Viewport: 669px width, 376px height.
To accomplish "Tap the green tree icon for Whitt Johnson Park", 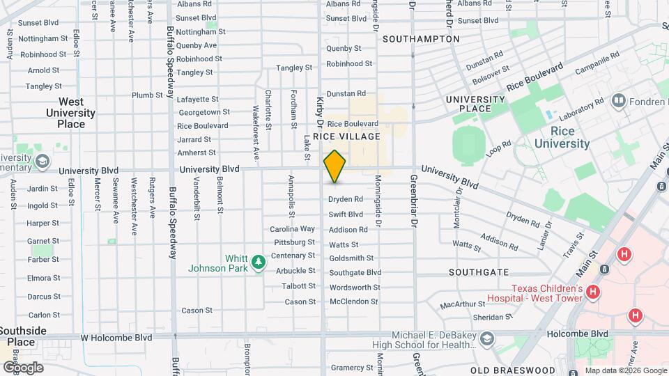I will pos(259,263).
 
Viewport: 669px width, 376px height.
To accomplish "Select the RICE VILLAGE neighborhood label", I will pos(346,136).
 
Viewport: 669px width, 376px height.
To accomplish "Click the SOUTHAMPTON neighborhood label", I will pos(421,39).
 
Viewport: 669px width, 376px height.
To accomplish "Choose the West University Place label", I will pos(70,113).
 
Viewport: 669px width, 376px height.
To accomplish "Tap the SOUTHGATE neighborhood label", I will pos(479,272).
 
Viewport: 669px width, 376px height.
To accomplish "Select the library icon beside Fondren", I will pos(617,102).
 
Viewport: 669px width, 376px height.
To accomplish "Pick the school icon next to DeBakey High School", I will pos(486,339).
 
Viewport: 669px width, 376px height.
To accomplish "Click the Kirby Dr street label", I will pos(321,112).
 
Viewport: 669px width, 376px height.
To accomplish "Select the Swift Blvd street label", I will pos(346,214).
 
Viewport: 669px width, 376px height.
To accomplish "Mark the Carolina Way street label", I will pos(293,229).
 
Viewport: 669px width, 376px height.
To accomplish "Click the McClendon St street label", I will pos(353,301).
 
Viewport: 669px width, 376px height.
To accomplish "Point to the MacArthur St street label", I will pos(462,304).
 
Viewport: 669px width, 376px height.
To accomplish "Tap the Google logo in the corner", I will pos(23,367).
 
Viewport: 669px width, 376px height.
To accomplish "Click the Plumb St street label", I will pos(147,95).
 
